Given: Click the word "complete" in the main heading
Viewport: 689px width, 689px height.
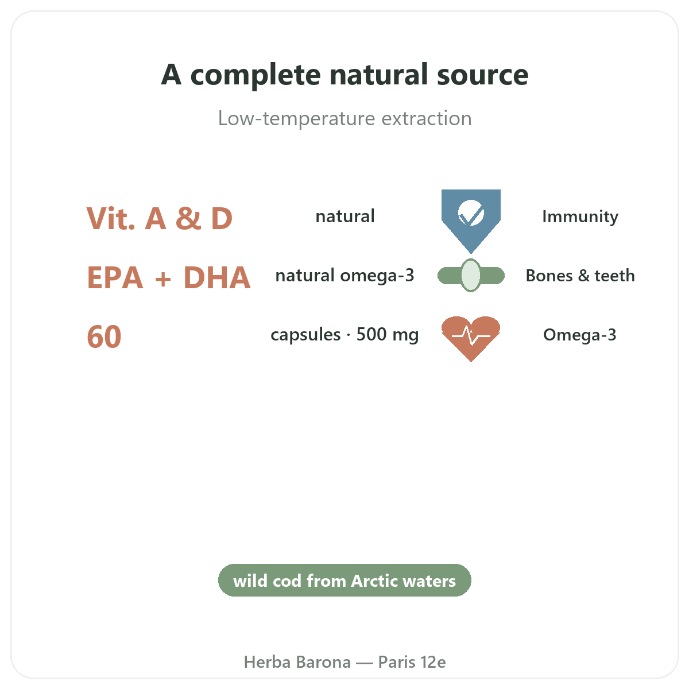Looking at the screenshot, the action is (256, 76).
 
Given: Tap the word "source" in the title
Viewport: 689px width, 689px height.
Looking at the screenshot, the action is (482, 76).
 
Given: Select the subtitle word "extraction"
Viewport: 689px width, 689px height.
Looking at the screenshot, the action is (427, 118).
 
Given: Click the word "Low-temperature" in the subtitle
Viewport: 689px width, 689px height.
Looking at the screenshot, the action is (297, 119).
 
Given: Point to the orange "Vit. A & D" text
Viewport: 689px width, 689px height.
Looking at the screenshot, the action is (160, 218).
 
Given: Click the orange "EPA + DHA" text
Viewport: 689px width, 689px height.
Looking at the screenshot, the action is (168, 277).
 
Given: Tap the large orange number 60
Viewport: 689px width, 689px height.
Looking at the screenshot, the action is (104, 336).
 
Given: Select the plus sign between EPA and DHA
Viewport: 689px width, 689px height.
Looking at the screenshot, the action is (163, 279).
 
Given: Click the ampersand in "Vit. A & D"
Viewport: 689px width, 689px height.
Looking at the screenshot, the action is (188, 218).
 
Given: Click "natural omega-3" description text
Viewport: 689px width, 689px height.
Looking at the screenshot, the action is (344, 276).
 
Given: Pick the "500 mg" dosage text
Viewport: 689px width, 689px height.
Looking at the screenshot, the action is (387, 335).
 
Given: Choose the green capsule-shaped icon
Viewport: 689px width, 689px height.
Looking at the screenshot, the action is (471, 276).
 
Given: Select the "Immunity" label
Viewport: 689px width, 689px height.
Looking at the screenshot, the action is (580, 217).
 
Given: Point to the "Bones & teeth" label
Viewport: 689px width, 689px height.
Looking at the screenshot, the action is (580, 276).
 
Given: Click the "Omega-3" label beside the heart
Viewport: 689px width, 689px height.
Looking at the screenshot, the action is (579, 335).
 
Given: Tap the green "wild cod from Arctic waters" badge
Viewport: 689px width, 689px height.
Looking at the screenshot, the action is (344, 580).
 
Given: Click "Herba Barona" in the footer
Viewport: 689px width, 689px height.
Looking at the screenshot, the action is (297, 662).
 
